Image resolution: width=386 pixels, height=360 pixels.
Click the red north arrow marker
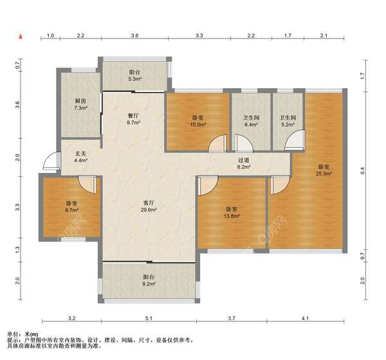pos(21,37)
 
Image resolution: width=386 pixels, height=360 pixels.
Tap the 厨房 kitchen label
pos(81,101)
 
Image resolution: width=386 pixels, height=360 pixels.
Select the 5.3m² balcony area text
pos(134,79)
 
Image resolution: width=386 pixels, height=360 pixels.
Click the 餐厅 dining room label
pos(133,116)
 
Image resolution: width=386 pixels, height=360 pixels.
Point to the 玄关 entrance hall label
pos(80,154)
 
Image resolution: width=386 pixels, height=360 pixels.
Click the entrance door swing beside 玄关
pos(51,161)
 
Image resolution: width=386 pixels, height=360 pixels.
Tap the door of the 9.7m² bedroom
pos(87,184)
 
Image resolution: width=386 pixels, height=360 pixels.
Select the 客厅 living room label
pos(149,203)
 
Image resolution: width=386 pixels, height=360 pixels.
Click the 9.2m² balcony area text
pos(148,283)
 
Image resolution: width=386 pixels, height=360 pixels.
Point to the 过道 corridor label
pos(244,160)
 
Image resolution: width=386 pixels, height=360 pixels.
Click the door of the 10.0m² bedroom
pos(217,143)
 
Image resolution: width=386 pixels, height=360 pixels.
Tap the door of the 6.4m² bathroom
pos(244,143)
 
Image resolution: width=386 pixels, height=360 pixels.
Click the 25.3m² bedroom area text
pos(324,174)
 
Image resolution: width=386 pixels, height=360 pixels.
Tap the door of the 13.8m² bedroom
pos(208,186)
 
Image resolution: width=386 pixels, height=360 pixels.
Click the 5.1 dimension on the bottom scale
pos(149,318)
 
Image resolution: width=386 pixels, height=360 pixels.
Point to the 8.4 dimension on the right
pos(362,171)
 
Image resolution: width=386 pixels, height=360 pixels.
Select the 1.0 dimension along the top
pos(50,35)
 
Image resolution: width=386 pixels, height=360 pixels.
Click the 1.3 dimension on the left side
pos(17,250)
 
